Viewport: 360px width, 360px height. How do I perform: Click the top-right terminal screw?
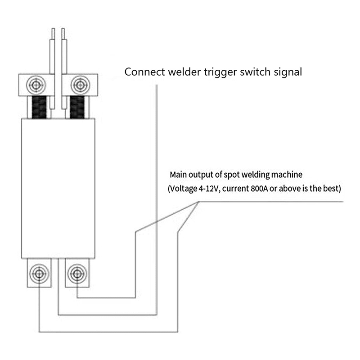click(x=80, y=84)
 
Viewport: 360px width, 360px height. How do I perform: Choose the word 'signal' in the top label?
click(x=287, y=72)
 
